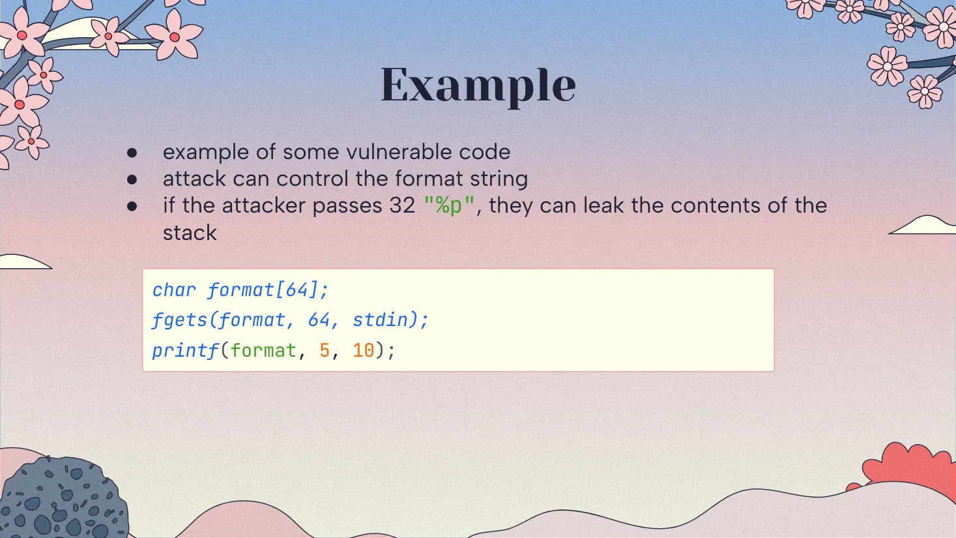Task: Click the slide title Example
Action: point(478,85)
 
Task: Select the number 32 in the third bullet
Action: point(402,205)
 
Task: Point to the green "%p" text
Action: point(449,205)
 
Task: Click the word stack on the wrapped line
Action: point(190,233)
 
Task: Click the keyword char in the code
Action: point(174,290)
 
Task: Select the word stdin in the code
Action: point(380,320)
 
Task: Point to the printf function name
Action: point(185,351)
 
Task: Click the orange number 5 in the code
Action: point(325,351)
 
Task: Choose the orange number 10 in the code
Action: point(364,351)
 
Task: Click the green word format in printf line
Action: point(263,351)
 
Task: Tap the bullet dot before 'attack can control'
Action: point(132,179)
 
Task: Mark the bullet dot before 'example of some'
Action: point(132,153)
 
